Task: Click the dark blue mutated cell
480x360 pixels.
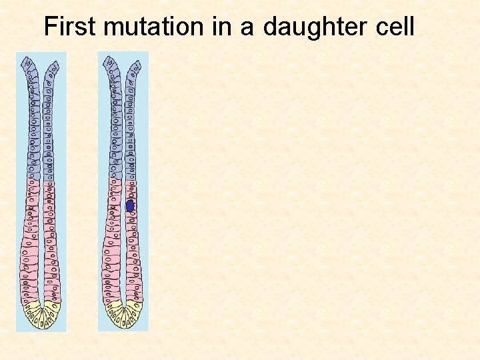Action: [x=131, y=207]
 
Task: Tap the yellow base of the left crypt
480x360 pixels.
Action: [x=41, y=317]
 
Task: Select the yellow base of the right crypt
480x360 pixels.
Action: [x=124, y=316]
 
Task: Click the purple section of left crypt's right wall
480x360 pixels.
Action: [x=50, y=133]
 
